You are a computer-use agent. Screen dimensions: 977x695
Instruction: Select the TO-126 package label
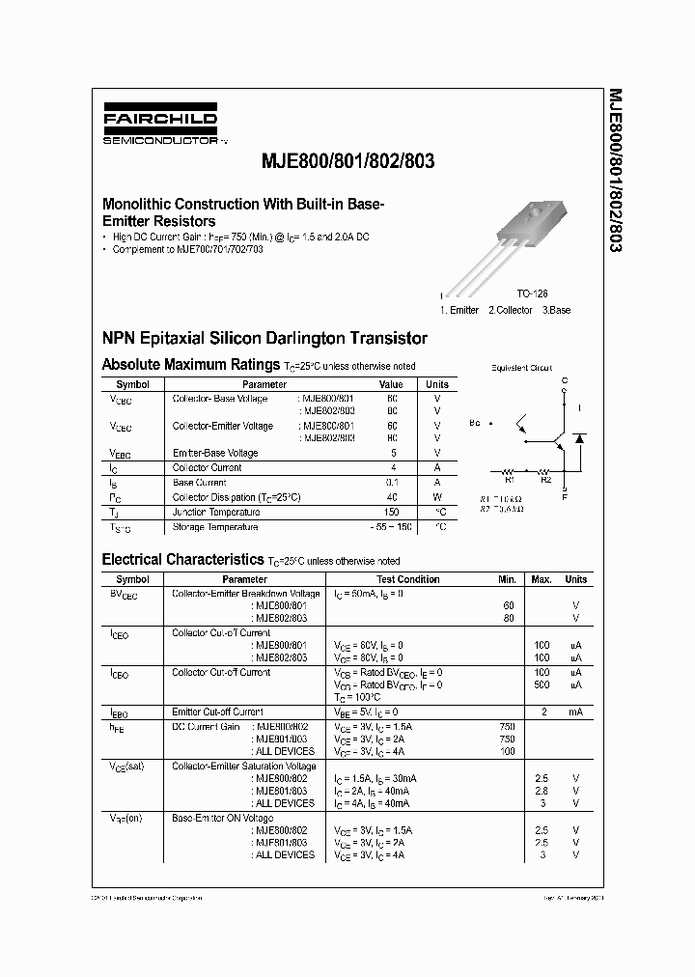(531, 293)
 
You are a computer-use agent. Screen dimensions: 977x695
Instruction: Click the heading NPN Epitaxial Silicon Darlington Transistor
(264, 339)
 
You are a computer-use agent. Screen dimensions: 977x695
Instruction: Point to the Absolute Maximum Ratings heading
(191, 365)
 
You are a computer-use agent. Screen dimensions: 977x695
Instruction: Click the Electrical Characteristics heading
(182, 560)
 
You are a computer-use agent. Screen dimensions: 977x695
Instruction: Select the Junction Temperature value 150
(392, 513)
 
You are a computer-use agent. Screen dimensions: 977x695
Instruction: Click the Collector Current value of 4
(393, 467)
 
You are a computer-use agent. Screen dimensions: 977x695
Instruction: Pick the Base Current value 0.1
(392, 483)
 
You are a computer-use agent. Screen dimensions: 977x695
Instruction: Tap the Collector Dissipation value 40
(392, 497)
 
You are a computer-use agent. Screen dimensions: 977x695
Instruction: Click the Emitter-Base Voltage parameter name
(215, 453)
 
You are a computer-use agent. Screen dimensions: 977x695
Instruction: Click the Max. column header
(542, 580)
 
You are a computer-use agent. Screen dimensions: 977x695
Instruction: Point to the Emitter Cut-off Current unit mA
(575, 712)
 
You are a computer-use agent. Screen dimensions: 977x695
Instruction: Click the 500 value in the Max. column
(542, 684)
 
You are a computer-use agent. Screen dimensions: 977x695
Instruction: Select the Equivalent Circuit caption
(522, 368)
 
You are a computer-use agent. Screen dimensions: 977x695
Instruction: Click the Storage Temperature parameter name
(215, 527)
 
